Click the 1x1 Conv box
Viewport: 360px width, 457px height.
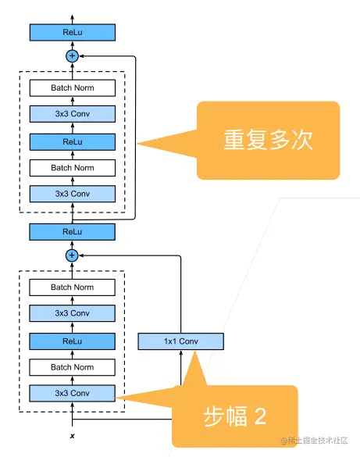pyautogui.click(x=180, y=341)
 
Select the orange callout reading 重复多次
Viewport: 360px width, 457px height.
pyautogui.click(x=268, y=141)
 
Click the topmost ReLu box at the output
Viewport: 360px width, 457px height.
pyautogui.click(x=73, y=32)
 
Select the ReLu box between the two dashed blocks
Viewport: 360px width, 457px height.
pyautogui.click(x=73, y=231)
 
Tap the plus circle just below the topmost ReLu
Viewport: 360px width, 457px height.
pyautogui.click(x=73, y=56)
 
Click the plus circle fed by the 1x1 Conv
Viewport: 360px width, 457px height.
pyautogui.click(x=73, y=255)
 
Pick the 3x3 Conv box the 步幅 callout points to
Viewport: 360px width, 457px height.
pyautogui.click(x=73, y=393)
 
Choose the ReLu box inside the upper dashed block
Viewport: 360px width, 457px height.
pyautogui.click(x=73, y=141)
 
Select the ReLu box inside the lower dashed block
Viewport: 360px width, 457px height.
pyautogui.click(x=73, y=341)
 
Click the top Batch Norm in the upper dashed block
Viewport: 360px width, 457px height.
pyautogui.click(x=73, y=88)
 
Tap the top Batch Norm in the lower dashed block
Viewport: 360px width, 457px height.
pyautogui.click(x=73, y=287)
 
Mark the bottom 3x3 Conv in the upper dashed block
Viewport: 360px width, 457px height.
pyautogui.click(x=73, y=194)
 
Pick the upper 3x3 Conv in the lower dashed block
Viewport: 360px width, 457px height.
pyautogui.click(x=73, y=313)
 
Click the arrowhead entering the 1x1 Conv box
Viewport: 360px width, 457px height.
pyautogui.click(x=180, y=353)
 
